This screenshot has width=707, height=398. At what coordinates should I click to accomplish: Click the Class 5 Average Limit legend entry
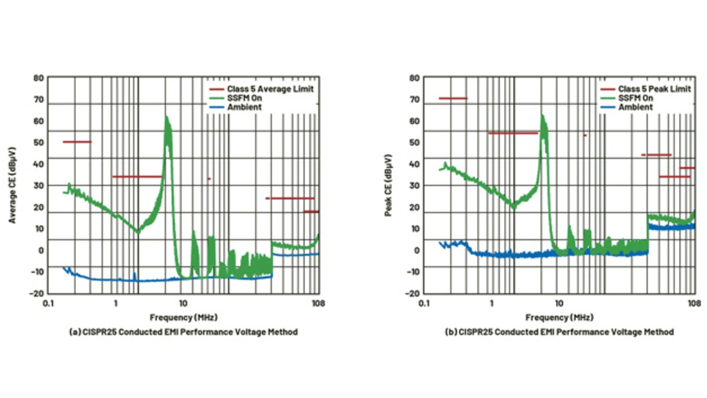click(270, 89)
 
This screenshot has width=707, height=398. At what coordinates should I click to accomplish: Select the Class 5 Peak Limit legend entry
click(654, 89)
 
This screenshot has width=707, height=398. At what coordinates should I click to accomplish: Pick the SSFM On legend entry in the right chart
click(635, 98)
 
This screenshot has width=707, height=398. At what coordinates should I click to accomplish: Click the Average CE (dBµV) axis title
click(12, 185)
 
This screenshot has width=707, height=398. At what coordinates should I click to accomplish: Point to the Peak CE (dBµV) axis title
click(388, 185)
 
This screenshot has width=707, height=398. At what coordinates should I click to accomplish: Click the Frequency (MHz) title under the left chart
click(183, 317)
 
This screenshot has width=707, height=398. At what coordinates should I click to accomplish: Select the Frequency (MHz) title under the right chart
click(559, 317)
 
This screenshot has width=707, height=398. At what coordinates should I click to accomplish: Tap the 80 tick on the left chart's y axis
click(38, 78)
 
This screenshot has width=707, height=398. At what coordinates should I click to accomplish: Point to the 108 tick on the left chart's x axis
click(318, 303)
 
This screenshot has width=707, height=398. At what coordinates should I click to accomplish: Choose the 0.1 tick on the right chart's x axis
click(424, 303)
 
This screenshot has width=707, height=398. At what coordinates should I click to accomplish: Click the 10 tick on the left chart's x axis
click(183, 303)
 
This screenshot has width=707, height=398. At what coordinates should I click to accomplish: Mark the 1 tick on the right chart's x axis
click(492, 303)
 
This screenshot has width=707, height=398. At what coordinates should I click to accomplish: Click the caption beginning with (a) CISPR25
click(183, 332)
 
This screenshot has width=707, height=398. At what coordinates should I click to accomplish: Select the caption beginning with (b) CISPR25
click(559, 332)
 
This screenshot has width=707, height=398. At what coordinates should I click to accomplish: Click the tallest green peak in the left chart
click(166, 117)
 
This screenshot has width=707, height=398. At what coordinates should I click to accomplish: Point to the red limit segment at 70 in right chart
click(453, 98)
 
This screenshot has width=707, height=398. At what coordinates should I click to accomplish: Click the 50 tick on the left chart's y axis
click(38, 142)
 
